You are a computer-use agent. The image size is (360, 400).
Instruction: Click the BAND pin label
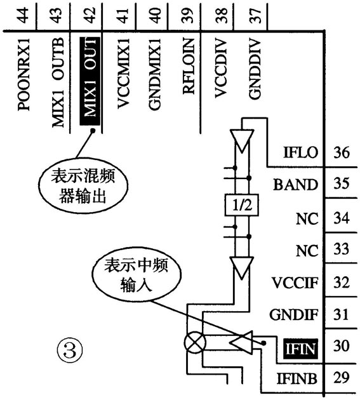pos(295,185)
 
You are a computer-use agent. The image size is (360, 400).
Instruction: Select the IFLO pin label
pos(300,153)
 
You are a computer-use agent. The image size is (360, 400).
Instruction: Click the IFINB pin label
pos(297,379)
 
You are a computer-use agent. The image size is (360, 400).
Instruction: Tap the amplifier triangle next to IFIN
pos(241,343)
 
